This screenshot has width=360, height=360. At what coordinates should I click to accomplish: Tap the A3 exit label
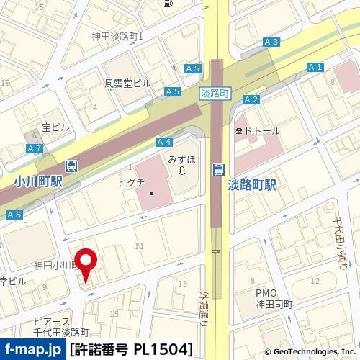(x=271, y=42)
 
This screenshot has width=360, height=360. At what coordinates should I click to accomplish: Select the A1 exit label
(x=314, y=67)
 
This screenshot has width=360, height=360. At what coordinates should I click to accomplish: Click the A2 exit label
(x=251, y=99)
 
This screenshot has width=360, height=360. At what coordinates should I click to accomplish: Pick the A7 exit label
(x=34, y=148)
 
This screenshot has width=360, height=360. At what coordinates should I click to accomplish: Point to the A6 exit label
(x=14, y=215)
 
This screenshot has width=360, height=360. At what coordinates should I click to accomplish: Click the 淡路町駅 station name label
(x=253, y=185)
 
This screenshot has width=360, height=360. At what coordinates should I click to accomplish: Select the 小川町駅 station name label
(x=37, y=182)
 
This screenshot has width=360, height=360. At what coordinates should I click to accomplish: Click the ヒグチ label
(x=132, y=182)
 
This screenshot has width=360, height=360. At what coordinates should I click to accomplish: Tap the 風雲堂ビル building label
(x=127, y=84)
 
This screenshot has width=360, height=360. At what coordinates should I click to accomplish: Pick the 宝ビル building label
(x=55, y=127)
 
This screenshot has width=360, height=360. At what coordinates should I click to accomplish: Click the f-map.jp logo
(x=33, y=350)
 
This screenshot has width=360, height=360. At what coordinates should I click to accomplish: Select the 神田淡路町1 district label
(x=118, y=35)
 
